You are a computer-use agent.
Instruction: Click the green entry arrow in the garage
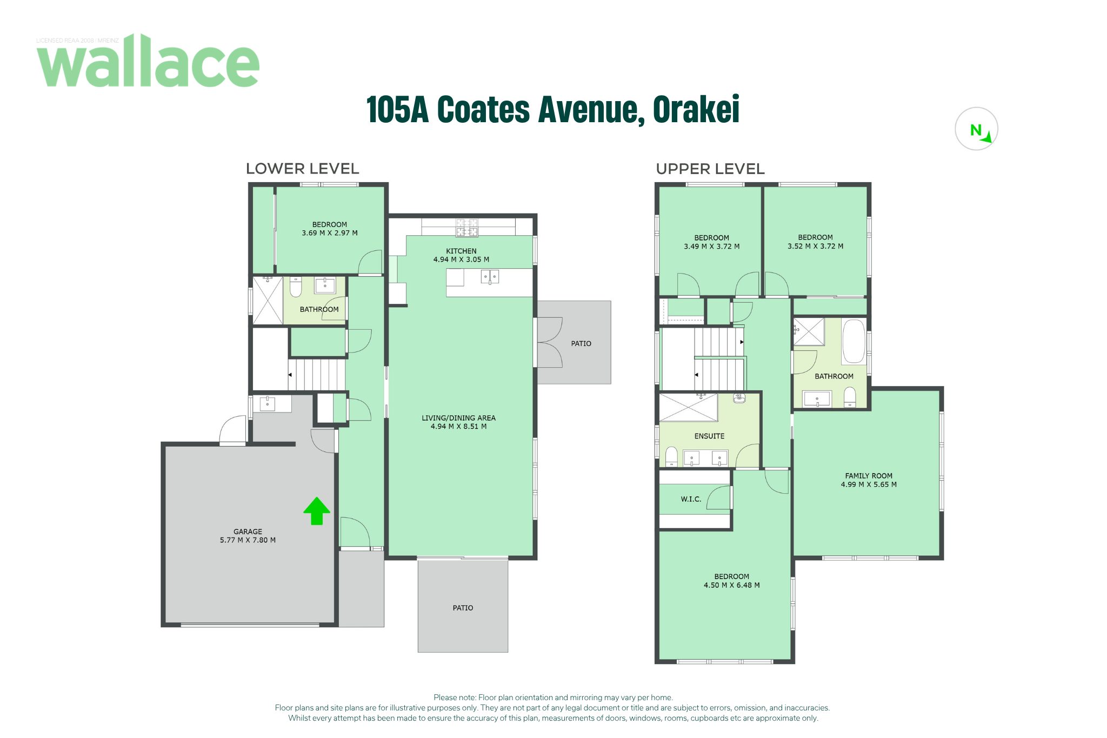coord(317,511)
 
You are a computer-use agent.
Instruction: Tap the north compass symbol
coord(976,129)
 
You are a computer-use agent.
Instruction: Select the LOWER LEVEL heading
coord(302,169)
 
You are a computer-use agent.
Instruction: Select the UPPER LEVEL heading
coord(710,169)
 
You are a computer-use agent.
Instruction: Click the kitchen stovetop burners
coord(466,228)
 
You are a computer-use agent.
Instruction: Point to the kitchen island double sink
coord(490,277)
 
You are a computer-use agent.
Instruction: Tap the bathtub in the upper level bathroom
coord(854,341)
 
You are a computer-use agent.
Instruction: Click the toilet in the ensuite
coord(671,456)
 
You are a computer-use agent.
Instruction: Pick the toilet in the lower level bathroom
coord(296,287)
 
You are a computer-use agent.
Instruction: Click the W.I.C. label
coord(691,499)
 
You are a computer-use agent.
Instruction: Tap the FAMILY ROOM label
coord(869,476)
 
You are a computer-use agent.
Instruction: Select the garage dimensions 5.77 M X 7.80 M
coord(248,540)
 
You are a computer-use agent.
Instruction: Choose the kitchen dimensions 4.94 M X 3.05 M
coord(461,260)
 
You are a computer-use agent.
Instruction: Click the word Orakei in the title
coord(696,110)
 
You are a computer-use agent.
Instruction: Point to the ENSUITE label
coord(709,436)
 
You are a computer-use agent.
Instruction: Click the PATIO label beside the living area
coord(581,343)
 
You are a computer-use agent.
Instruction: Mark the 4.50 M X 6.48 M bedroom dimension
coord(731,585)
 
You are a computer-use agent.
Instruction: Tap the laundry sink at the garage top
coord(267,403)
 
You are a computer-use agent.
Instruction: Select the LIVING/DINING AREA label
coord(458,418)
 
